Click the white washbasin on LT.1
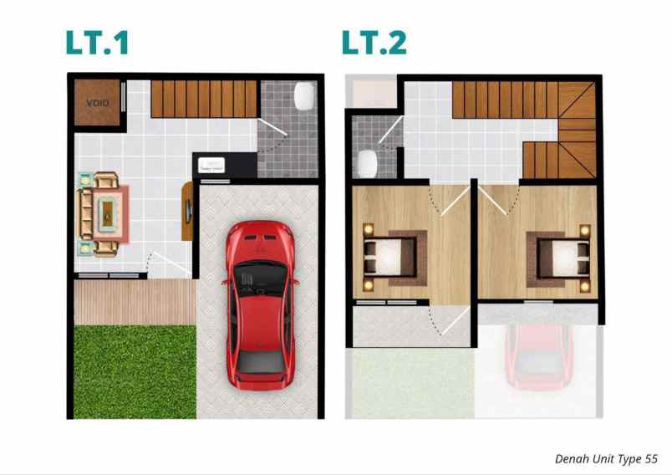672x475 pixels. pos(213,166)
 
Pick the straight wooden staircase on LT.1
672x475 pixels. pos(204,99)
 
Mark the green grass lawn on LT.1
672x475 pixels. pos(135,371)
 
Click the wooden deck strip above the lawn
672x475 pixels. pos(135,302)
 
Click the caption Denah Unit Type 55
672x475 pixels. pos(606,458)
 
